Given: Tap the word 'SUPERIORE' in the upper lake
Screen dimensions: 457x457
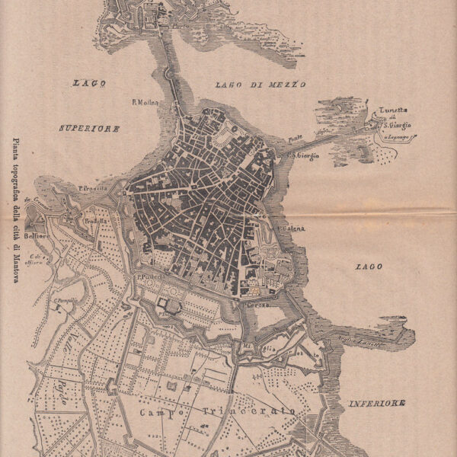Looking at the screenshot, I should click(x=90, y=129).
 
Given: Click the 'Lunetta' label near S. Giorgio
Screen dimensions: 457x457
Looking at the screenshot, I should click(x=394, y=110).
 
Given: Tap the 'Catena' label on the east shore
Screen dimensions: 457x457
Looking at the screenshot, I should click(x=292, y=228).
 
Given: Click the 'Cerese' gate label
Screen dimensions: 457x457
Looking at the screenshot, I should click(x=256, y=304).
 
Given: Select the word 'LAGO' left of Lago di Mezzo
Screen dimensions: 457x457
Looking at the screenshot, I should click(x=90, y=83).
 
